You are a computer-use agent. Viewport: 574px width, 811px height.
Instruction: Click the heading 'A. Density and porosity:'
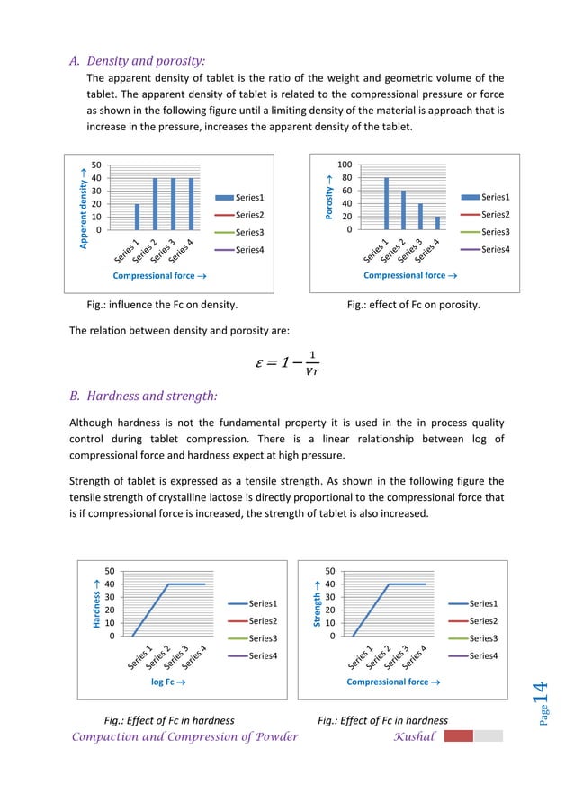[138, 62]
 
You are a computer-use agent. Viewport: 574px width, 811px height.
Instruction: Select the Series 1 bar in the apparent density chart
[137, 216]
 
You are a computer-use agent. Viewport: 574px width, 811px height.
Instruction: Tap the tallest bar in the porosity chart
[386, 202]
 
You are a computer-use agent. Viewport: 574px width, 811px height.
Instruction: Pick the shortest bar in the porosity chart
[438, 222]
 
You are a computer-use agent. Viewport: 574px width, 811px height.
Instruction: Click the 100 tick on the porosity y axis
[345, 165]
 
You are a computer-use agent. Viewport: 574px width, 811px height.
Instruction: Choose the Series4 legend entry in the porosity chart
[485, 250]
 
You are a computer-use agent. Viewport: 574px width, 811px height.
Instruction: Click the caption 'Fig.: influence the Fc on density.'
[161, 305]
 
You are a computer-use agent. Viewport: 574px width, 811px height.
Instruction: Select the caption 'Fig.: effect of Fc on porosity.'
[413, 305]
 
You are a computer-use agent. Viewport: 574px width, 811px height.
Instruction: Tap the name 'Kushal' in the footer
[414, 736]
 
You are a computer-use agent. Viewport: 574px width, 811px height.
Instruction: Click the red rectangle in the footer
[458, 735]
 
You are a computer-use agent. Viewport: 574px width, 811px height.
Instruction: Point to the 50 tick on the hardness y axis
[110, 570]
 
